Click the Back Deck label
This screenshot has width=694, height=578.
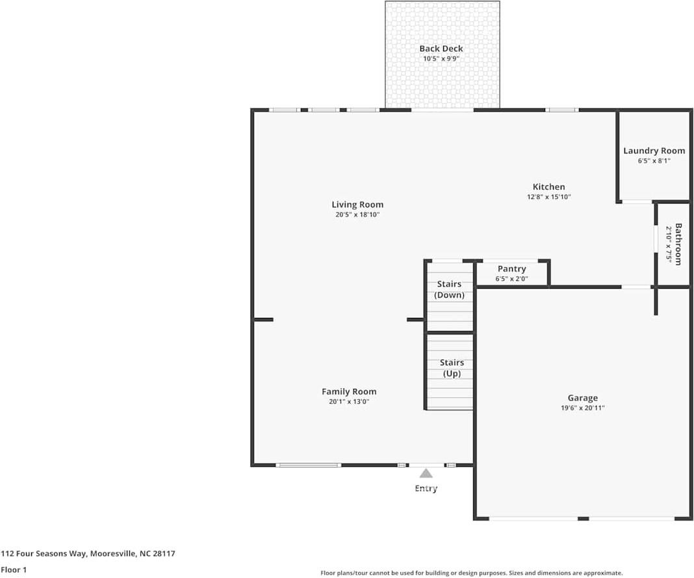(x=441, y=49)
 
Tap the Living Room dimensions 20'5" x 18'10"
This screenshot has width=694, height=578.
(x=357, y=215)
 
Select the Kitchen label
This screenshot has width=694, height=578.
(x=548, y=187)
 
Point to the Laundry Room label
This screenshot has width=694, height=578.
(x=654, y=151)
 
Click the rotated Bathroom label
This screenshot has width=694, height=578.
(x=678, y=244)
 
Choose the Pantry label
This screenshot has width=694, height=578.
(x=511, y=269)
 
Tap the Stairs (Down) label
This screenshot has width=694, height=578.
(x=449, y=289)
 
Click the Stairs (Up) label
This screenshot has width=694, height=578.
(x=451, y=368)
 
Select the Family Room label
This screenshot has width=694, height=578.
(x=349, y=391)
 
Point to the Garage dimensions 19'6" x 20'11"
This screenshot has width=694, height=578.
(x=582, y=408)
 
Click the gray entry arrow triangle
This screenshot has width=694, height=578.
(x=426, y=473)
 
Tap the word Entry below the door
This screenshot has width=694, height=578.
(x=426, y=488)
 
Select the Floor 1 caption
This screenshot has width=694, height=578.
(x=14, y=570)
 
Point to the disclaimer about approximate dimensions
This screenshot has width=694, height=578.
(x=471, y=573)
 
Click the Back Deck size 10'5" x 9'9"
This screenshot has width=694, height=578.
(x=441, y=59)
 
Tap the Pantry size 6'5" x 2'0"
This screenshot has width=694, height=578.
(x=511, y=279)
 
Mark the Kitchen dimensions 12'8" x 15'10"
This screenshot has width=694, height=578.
(x=548, y=196)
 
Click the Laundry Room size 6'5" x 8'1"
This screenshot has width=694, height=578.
(x=654, y=161)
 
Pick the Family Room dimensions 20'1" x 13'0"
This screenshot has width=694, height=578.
(x=349, y=402)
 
